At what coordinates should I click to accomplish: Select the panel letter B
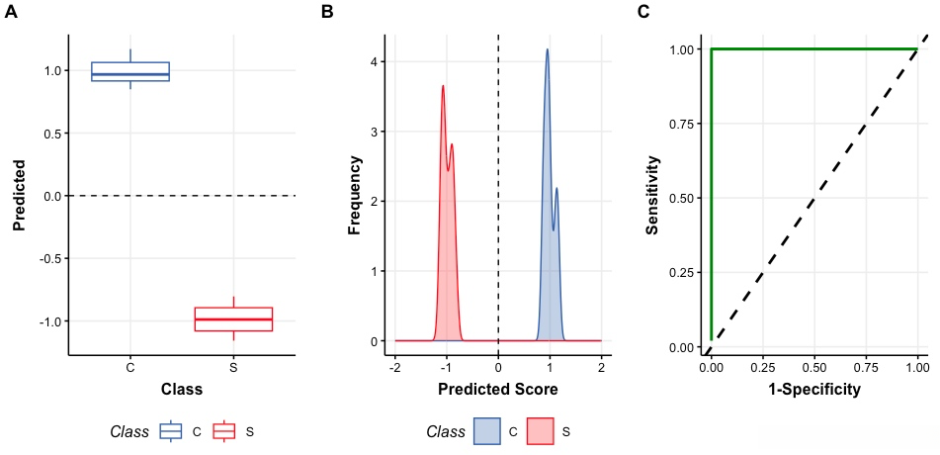[327, 12]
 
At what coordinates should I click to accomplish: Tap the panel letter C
[643, 12]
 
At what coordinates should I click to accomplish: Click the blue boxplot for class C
[130, 72]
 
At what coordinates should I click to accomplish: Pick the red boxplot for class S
[233, 318]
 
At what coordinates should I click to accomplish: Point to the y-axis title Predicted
[18, 195]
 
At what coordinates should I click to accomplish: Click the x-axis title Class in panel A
[182, 390]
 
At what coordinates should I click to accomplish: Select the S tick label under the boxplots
[233, 368]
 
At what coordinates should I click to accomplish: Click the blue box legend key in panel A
[171, 431]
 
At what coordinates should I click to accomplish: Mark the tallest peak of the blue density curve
[547, 49]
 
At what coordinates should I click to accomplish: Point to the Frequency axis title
[355, 195]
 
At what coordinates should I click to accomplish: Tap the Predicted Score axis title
[497, 390]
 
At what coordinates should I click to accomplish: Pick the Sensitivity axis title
[651, 195]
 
